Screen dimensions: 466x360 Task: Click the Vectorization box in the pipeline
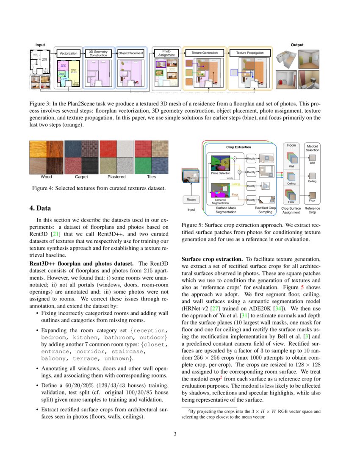tap(68, 53)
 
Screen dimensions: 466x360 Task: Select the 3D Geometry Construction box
tap(98, 53)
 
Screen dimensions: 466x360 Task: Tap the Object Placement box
tap(131, 53)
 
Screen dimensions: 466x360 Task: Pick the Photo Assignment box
tap(166, 53)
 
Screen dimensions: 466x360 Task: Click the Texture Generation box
tap(205, 53)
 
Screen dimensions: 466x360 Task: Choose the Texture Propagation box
tap(250, 53)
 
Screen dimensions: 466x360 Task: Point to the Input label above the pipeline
tap(40, 45)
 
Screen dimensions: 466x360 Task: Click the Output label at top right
tap(297, 45)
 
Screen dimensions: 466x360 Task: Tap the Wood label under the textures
tap(46, 177)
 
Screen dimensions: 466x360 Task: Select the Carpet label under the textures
tap(81, 177)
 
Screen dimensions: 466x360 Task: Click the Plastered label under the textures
tap(116, 177)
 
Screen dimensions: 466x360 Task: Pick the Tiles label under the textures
tap(151, 177)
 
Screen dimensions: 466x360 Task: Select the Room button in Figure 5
tap(191, 199)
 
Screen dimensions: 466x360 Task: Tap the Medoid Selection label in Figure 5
tap(313, 148)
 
